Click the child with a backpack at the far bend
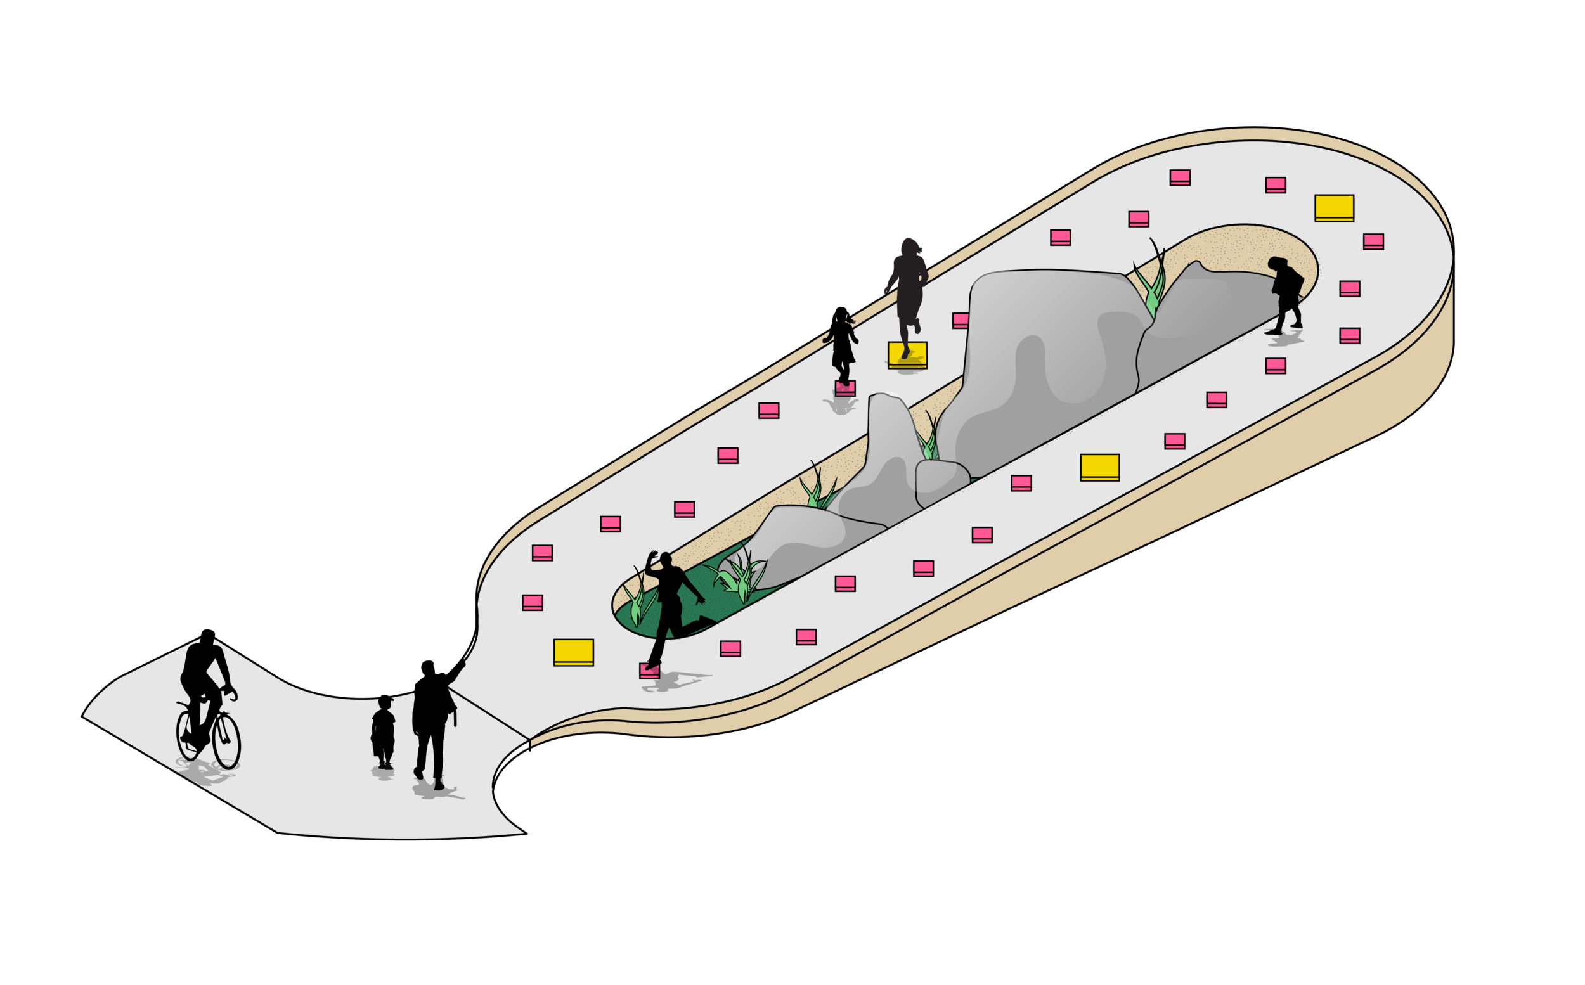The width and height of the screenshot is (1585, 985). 1285,293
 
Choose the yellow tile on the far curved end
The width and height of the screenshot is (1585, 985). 1333,208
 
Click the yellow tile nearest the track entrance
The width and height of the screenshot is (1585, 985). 573,652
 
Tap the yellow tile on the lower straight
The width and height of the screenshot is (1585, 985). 1099,467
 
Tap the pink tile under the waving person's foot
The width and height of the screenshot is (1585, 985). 649,671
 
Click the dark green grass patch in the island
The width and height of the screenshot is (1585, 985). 697,586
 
